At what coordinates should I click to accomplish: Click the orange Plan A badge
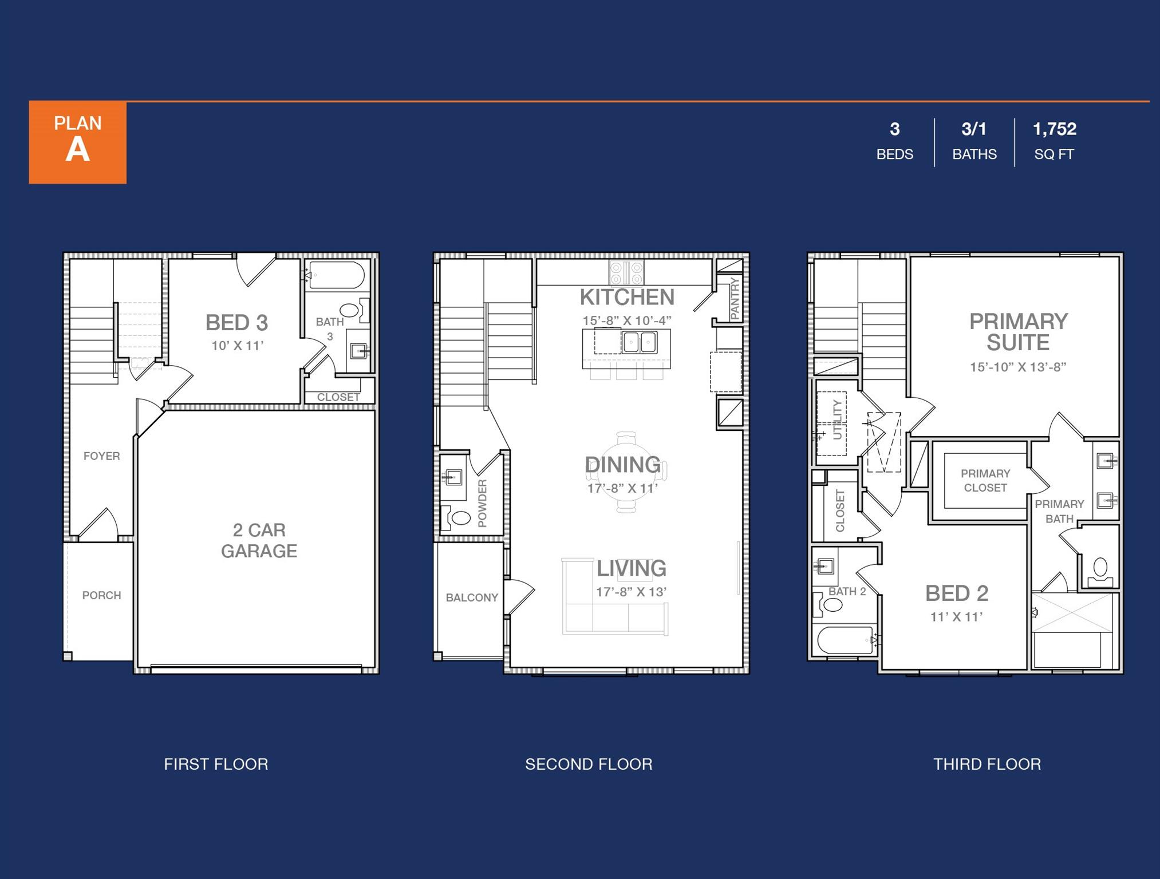(x=78, y=142)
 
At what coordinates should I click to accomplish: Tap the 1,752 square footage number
(x=1054, y=129)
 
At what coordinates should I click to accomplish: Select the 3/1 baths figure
(x=974, y=129)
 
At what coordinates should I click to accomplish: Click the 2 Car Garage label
(x=259, y=540)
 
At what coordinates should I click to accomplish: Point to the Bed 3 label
(x=236, y=323)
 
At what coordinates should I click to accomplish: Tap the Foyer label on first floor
(x=101, y=456)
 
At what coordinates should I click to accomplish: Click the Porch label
(x=101, y=595)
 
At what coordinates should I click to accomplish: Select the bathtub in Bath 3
(x=337, y=275)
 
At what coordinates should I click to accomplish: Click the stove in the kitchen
(x=626, y=272)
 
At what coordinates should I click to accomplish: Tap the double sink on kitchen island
(x=640, y=342)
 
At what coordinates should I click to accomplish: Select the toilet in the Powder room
(x=459, y=518)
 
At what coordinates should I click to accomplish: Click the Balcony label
(x=472, y=597)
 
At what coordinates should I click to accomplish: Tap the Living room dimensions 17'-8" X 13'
(x=631, y=592)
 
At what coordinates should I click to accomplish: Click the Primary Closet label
(x=985, y=481)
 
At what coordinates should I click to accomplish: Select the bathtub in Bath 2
(x=844, y=640)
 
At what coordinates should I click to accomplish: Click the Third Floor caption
(x=987, y=764)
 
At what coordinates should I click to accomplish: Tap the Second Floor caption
(x=589, y=764)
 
